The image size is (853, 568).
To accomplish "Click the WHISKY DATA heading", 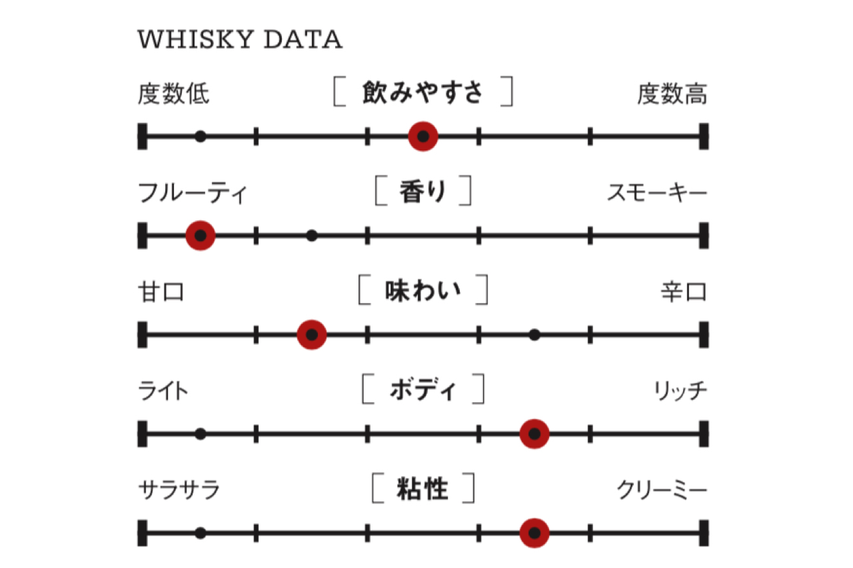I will coord(240,40).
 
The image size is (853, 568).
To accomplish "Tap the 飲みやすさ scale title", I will coord(423,93).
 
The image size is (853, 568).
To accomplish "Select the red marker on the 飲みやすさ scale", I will coord(423,137).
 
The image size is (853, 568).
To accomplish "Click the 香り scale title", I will coord(423,192).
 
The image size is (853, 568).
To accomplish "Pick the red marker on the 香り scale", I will coord(200,236).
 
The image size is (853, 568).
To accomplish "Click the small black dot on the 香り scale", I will coord(311,236).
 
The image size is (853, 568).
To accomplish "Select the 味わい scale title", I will coord(423,291).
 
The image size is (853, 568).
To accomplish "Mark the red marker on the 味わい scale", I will coord(311,334).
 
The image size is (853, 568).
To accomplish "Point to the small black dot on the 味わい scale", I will coord(534,334).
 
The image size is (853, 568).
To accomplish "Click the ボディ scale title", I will coord(423,390).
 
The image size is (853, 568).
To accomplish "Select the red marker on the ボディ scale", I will coord(534,434).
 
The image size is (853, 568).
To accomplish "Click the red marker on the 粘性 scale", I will coord(534,533).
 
